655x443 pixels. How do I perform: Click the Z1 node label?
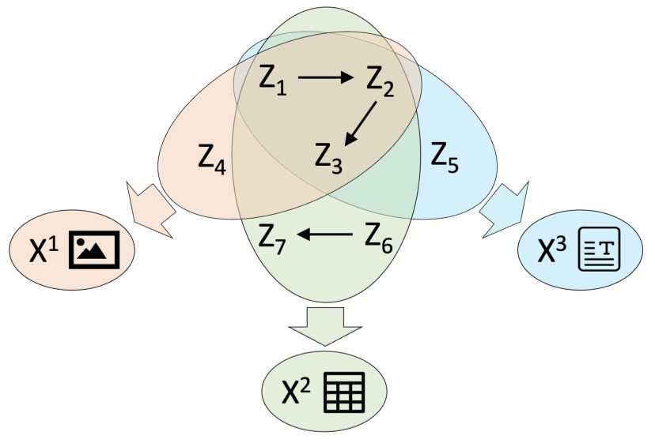(272, 79)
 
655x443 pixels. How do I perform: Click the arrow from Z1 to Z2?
(326, 77)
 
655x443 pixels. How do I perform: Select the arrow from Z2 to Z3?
(361, 122)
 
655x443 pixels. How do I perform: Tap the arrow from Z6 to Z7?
(325, 234)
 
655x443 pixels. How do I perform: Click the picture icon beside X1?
(94, 248)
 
